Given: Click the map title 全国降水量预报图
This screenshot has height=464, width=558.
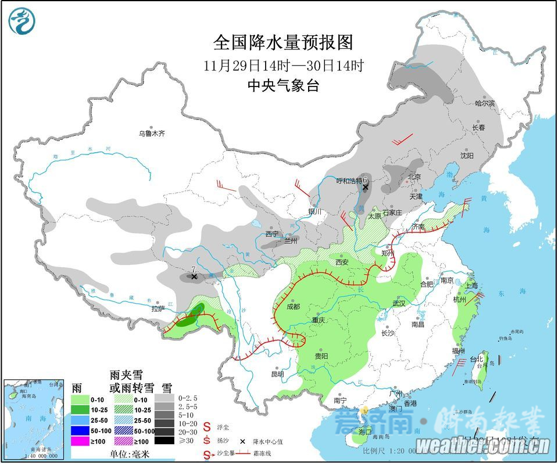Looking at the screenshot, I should pos(283,42).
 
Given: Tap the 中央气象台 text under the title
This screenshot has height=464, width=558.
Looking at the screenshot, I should pos(283,85).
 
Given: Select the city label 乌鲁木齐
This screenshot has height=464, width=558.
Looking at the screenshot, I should pos(152,134).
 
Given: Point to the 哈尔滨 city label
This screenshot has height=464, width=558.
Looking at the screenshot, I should pos(484,103).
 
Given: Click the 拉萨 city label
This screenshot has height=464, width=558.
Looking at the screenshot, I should pos(159,308).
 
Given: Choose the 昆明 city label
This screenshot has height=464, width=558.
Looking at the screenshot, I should pos(277,373).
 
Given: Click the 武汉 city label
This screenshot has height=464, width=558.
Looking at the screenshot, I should pos(398,303).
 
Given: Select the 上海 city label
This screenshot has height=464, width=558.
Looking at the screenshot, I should pos(471,285).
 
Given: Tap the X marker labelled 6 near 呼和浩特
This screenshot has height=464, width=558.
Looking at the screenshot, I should pos(365,188).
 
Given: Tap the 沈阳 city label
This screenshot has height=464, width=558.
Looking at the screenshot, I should pos(467,156).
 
